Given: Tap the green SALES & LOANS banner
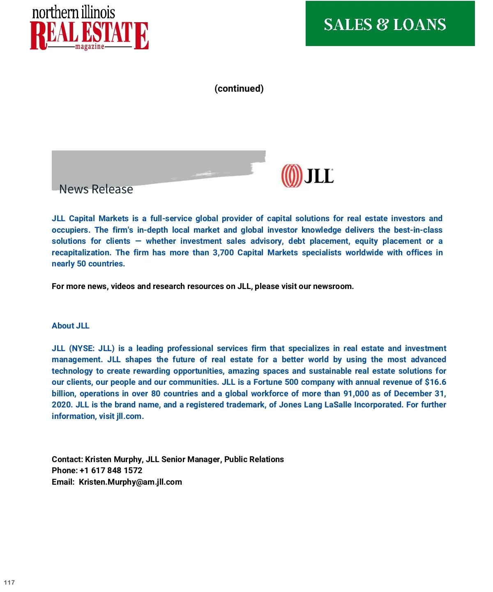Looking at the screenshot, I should click(390, 24).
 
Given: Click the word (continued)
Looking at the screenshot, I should click(239, 88).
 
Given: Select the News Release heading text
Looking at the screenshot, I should click(96, 189).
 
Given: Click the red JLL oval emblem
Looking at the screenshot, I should click(291, 176).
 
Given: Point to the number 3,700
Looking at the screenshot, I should click(223, 252).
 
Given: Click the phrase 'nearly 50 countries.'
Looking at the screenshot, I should click(88, 264).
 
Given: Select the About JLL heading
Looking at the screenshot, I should click(71, 326).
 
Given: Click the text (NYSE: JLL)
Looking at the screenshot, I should click(92, 349).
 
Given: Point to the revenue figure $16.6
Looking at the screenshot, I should click(435, 382).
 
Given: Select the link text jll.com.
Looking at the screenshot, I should click(129, 416).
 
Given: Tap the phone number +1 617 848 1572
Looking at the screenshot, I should click(111, 471).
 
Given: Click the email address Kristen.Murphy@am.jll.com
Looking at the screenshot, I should click(130, 482).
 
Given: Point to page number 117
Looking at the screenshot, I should click(9, 583).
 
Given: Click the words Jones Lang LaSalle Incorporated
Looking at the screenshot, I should click(341, 405).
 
